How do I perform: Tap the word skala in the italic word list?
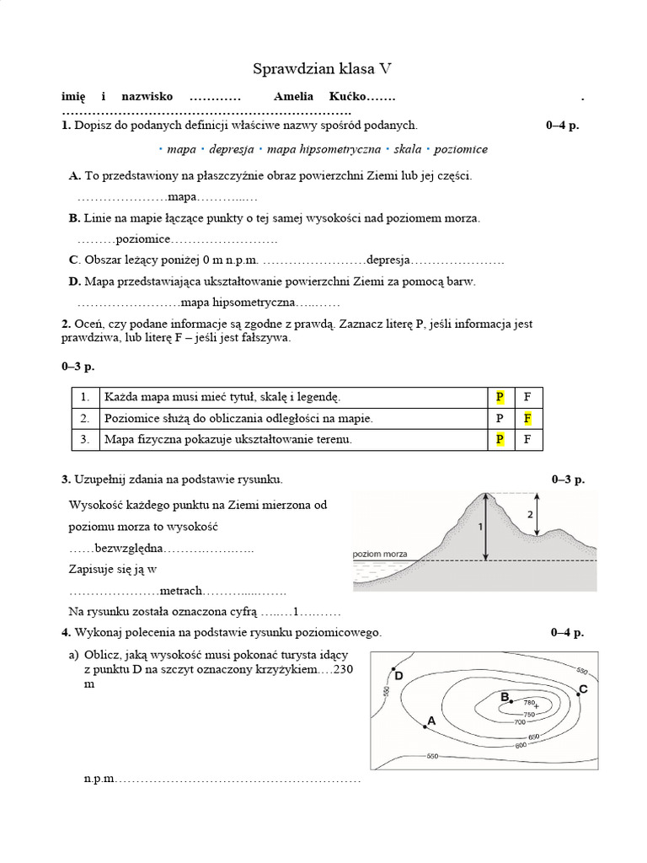tap(407, 149)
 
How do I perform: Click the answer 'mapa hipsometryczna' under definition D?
tap(238, 302)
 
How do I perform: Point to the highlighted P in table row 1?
tap(500, 396)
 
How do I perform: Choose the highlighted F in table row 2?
tap(527, 418)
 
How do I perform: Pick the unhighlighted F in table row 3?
tap(527, 439)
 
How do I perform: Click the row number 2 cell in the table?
tap(84, 418)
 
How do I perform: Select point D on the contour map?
tap(398, 675)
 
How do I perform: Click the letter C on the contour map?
tap(583, 689)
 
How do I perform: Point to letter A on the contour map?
tap(431, 721)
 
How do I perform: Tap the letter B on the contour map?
tap(505, 697)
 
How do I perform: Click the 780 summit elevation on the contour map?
tap(530, 702)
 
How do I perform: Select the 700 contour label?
tap(519, 722)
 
